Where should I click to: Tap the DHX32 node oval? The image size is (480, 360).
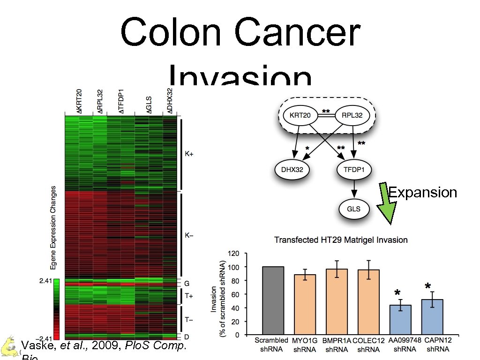(292, 170)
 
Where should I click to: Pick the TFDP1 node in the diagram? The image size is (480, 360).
(354, 170)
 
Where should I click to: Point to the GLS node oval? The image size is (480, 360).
(354, 208)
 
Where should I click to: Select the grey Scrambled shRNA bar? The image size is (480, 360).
(273, 300)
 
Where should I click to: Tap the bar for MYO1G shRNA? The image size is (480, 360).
(305, 305)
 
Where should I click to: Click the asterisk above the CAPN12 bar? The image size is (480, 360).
(427, 286)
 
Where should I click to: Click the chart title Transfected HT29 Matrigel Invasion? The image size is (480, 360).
(341, 240)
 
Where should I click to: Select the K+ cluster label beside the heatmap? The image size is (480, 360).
(188, 154)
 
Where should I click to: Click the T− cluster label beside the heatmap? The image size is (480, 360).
(188, 320)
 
